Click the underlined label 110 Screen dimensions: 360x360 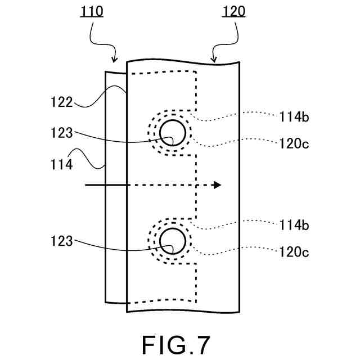point(92,11)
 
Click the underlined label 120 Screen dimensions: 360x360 point(233,11)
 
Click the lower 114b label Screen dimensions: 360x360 point(294,225)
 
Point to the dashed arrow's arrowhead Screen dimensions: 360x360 point(218,185)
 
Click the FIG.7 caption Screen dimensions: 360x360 point(176,344)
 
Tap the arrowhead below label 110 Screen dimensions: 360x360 point(115,59)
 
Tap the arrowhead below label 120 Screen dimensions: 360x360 point(214,58)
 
